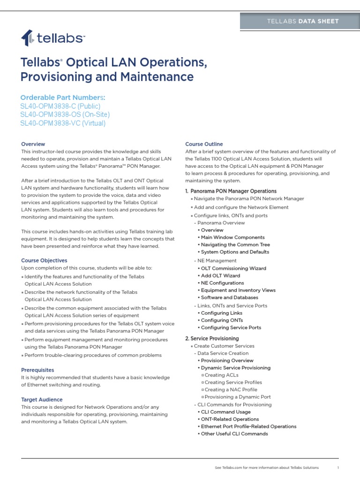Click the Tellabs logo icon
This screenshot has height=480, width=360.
27,37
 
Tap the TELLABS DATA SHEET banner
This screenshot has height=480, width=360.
299,21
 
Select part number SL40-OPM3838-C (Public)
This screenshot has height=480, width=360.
60,106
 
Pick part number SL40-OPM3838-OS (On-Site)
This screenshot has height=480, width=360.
65,115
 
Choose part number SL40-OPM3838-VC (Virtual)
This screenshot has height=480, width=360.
63,123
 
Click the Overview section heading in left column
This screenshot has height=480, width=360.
33,144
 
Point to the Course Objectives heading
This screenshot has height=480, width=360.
44,260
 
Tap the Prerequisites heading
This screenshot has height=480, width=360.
37,370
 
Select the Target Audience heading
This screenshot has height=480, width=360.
42,399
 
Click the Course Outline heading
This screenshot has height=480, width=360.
204,144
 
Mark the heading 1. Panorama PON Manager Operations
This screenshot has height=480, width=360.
231,191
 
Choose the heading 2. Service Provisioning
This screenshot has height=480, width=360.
212,338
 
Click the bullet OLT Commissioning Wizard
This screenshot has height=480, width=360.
233,269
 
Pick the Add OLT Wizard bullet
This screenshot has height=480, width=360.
220,276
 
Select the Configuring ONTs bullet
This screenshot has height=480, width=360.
222,320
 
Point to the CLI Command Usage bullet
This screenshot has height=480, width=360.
225,412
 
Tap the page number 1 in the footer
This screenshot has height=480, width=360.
338,467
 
